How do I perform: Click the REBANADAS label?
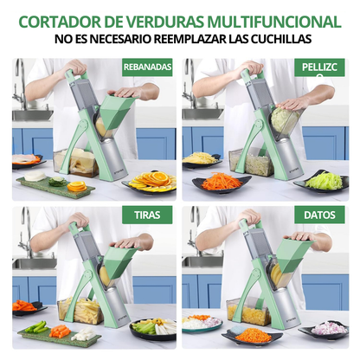point(147,67)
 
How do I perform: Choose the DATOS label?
point(319,214)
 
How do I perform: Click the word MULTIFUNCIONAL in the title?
point(273,21)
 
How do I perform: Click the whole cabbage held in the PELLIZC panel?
point(288,119)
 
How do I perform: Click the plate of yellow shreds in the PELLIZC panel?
point(201,158)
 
